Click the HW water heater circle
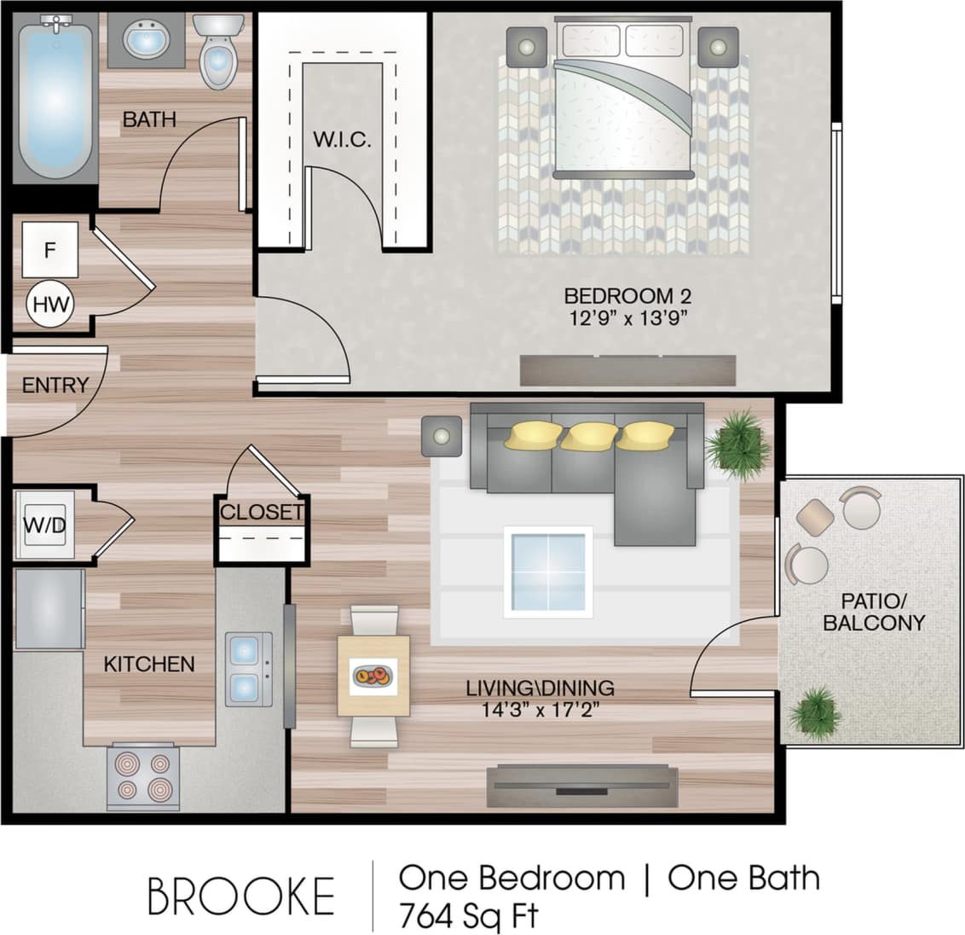point(49,305)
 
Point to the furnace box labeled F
point(49,250)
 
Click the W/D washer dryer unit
point(44,525)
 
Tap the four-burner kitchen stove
point(142,776)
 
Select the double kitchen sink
point(248,669)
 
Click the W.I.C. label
point(342,140)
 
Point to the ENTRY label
point(55,386)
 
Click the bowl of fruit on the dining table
point(373,677)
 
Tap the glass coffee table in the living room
point(547,571)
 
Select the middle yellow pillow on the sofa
point(589,436)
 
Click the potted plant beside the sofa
point(737,443)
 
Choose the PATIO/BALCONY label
point(873,613)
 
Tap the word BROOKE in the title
point(240,897)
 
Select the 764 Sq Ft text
point(469,916)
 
